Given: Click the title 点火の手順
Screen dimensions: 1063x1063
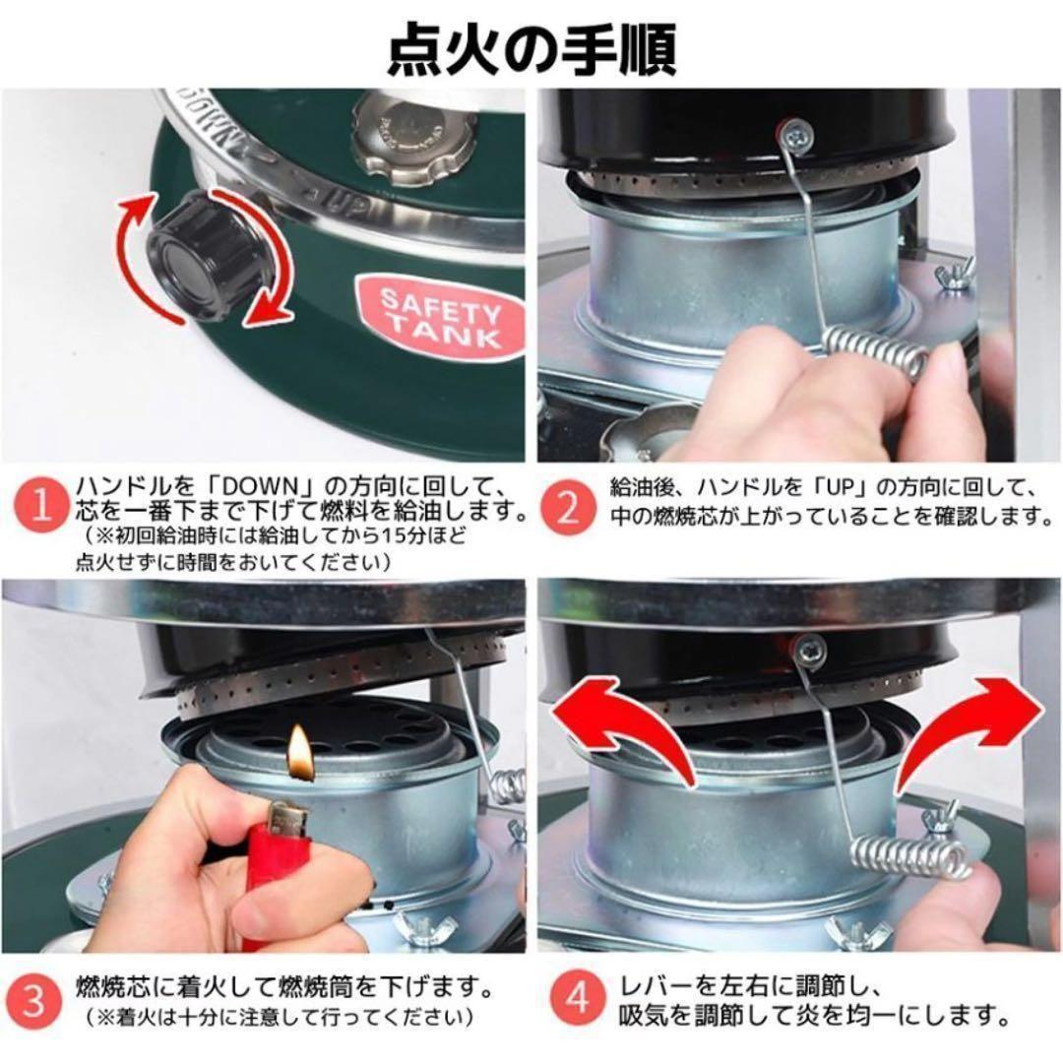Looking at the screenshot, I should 531,48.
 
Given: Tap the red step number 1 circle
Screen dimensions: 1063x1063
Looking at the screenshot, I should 40,506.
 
